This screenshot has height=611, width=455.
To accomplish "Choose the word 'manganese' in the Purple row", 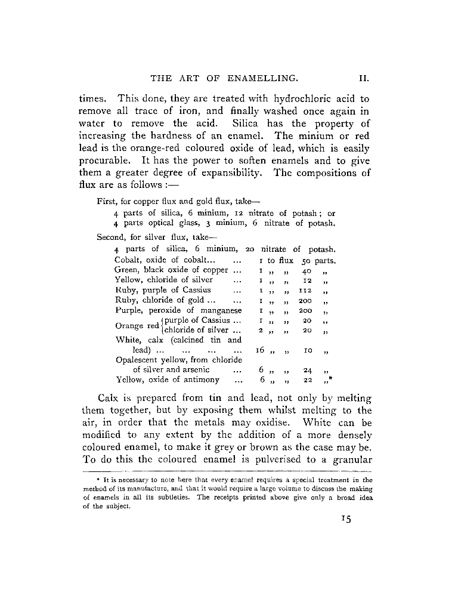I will click(221, 310).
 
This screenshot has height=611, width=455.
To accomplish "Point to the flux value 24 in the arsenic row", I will click(308, 371).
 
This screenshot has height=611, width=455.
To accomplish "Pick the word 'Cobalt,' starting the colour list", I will click(129, 261).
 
